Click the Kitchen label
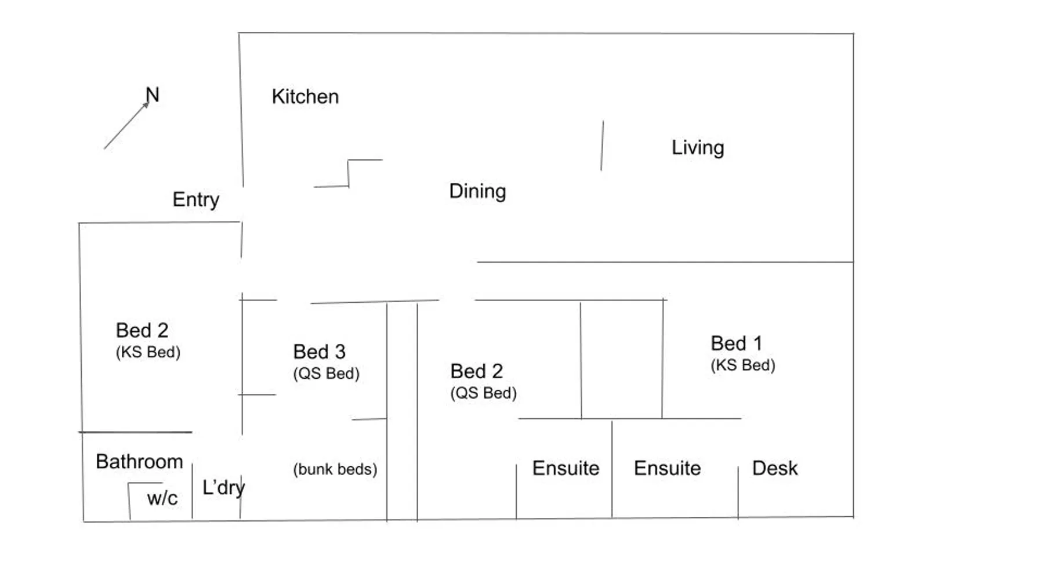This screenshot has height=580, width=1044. click(305, 96)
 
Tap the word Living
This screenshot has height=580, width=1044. click(698, 148)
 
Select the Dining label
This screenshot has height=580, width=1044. click(477, 191)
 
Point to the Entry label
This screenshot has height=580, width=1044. click(196, 200)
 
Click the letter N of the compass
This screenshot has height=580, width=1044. click(152, 95)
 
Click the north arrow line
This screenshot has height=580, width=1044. click(126, 125)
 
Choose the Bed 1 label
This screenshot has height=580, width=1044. click(736, 343)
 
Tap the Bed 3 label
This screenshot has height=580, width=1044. click(319, 351)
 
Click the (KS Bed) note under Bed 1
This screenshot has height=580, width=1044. click(743, 365)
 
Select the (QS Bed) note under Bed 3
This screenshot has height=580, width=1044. click(326, 374)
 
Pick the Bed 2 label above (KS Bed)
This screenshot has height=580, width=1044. click(142, 331)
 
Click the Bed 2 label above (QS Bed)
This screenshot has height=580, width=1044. click(476, 371)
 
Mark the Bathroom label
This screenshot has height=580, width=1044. click(139, 462)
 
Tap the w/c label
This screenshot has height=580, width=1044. click(162, 498)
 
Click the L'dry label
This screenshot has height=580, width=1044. click(223, 488)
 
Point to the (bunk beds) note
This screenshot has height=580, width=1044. click(335, 469)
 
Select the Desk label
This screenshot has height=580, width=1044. click(775, 468)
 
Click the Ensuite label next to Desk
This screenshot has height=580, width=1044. click(667, 468)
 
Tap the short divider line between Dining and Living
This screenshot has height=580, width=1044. click(602, 146)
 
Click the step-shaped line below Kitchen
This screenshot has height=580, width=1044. click(348, 173)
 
